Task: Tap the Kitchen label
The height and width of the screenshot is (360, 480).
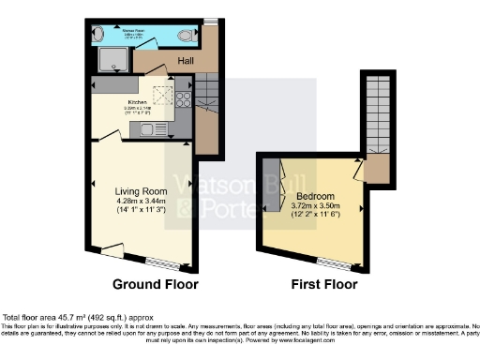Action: coord(137,101)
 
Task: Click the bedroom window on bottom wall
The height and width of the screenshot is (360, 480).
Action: coord(333,259)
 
